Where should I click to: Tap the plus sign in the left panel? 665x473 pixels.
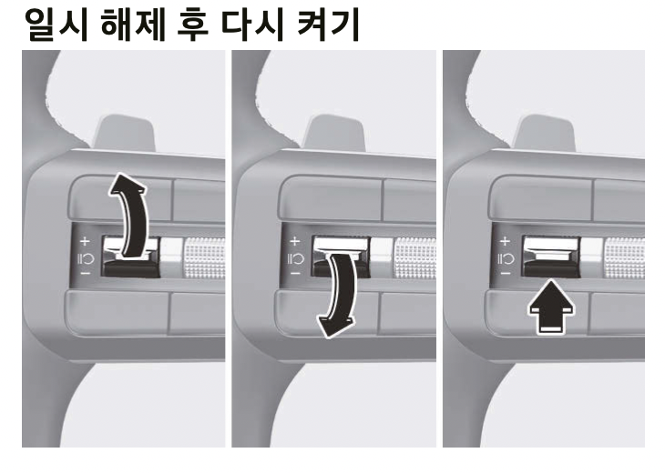coord(84,243)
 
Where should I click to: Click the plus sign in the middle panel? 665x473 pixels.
coord(294,243)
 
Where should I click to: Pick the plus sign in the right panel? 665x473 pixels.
coord(504,243)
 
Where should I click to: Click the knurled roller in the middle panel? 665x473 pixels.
coord(414,257)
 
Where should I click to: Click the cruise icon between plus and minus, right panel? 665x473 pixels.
coord(504,257)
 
